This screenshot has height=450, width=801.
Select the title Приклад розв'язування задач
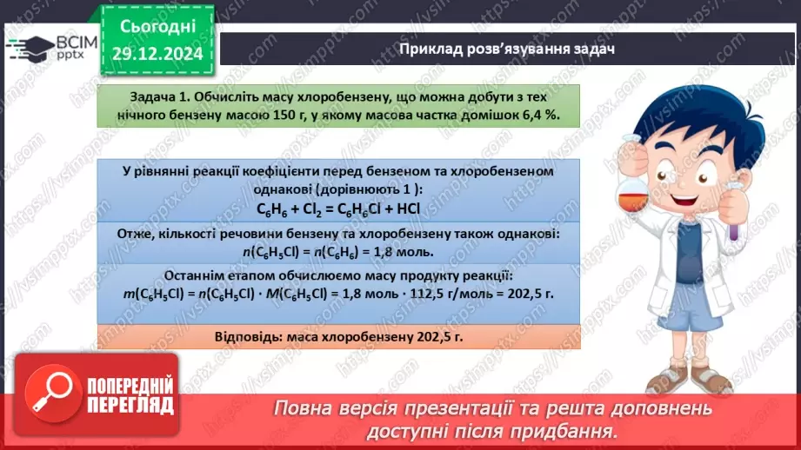click(x=507, y=49)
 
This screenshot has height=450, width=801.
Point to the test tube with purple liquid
click(x=735, y=217)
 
